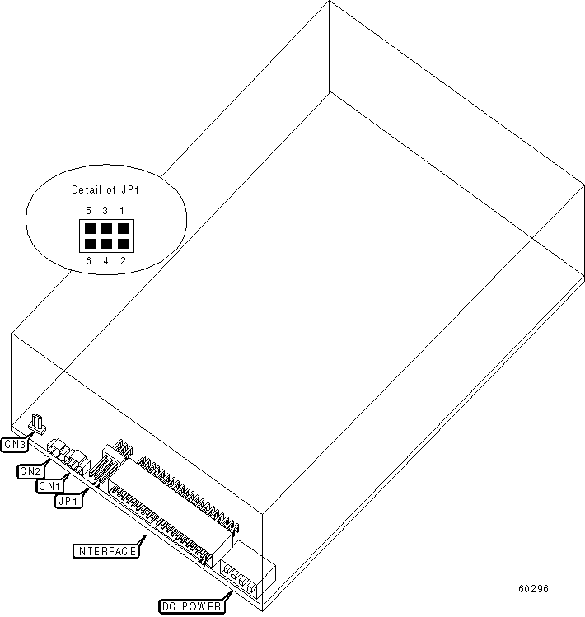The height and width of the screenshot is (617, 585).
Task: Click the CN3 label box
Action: (x=14, y=445)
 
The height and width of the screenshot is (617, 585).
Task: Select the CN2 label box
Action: (x=30, y=471)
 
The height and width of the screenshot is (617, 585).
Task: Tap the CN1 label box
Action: (x=47, y=486)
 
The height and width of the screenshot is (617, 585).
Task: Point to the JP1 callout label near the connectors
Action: (x=68, y=500)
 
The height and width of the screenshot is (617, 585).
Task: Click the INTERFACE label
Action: (x=105, y=551)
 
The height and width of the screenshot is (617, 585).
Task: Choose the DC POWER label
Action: (x=191, y=607)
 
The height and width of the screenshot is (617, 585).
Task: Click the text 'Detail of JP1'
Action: (x=106, y=190)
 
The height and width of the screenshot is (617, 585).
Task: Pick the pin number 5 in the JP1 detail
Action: (x=88, y=211)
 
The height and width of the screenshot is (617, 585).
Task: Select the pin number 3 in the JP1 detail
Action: (x=105, y=211)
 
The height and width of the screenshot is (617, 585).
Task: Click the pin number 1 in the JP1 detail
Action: (x=122, y=211)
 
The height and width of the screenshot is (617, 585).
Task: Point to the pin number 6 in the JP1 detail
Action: (x=88, y=261)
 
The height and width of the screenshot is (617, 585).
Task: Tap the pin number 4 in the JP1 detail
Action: (x=105, y=261)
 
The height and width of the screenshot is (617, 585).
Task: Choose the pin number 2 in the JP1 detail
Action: (x=122, y=261)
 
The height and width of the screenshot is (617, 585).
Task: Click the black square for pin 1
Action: (x=121, y=228)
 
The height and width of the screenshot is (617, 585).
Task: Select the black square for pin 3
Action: (x=105, y=228)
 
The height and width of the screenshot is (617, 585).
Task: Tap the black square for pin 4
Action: (x=105, y=244)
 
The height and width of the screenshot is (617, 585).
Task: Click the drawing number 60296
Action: (x=533, y=589)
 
